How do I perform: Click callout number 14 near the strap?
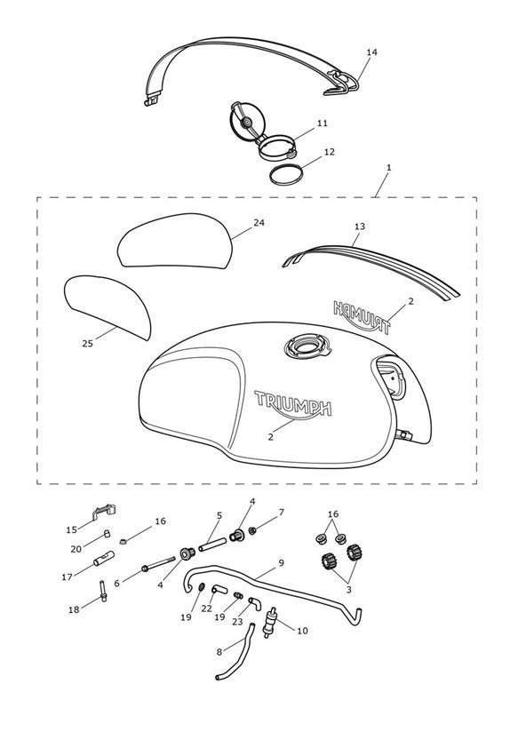click(x=371, y=52)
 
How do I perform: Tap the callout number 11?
click(x=323, y=123)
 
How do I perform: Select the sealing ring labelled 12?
click(x=286, y=175)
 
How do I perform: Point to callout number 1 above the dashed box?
click(x=389, y=167)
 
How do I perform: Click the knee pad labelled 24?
click(x=175, y=241)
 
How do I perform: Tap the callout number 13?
click(x=359, y=227)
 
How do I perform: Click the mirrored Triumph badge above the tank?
click(x=361, y=317)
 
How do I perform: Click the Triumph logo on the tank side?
click(x=292, y=404)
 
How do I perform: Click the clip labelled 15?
click(x=104, y=511)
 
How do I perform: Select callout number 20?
click(x=76, y=550)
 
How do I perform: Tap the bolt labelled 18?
click(x=103, y=591)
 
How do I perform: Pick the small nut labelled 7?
click(x=251, y=530)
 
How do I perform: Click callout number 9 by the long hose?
click(x=281, y=563)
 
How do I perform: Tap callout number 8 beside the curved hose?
click(x=219, y=652)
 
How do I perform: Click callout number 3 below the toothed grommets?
click(x=348, y=590)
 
